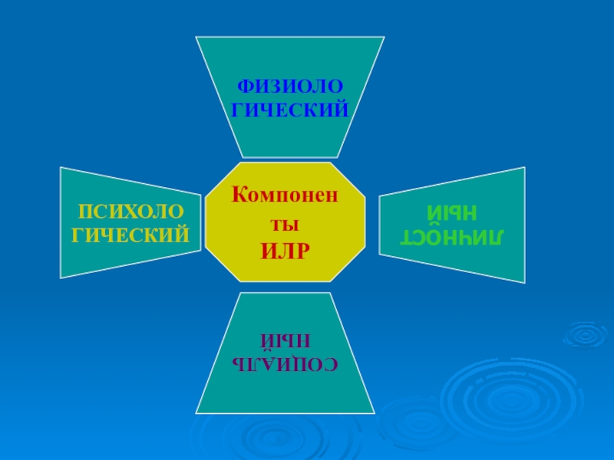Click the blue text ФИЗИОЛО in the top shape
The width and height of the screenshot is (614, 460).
pyautogui.click(x=289, y=86)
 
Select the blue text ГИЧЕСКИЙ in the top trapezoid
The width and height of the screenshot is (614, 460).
pyautogui.click(x=289, y=110)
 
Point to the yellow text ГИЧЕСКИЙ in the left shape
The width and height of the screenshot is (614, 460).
pyautogui.click(x=130, y=232)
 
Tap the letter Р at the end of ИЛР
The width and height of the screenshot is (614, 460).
pyautogui.click(x=305, y=250)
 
